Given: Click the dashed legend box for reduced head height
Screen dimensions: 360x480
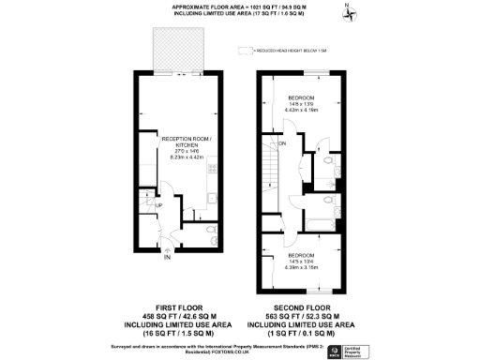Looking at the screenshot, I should coord(245,50).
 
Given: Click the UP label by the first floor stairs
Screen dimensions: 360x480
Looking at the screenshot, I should coord(157,206).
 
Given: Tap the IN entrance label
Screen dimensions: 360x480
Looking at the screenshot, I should coord(166,256).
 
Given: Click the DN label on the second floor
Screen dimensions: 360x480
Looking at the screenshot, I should coord(281,144).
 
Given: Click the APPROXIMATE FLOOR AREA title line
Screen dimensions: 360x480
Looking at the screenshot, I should coord(240,7).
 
